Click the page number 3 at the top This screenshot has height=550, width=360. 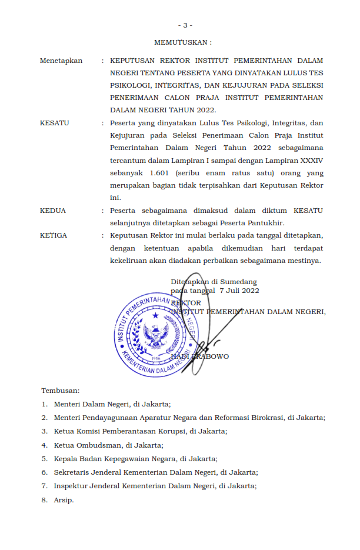coord(185,25)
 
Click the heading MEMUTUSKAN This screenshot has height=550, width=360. coord(182,43)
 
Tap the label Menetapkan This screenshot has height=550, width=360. coord(61,61)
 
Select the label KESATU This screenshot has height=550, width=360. coord(55,124)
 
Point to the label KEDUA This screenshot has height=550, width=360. coord(53,211)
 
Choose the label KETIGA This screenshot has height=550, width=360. coord(54,235)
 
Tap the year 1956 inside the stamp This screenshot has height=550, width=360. coord(156,357)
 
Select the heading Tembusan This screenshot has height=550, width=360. coord(60,390)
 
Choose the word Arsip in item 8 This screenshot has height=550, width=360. coord(64,500)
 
